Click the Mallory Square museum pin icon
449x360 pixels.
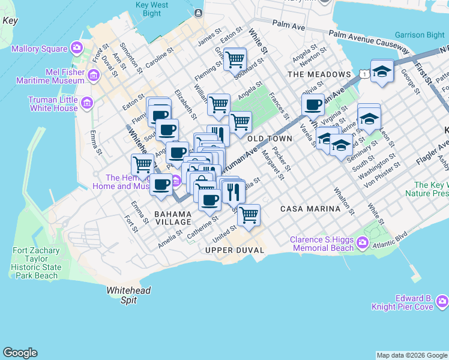(x=76, y=47)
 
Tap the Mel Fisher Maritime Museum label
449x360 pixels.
(x=56, y=75)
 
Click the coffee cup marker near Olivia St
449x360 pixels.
(x=312, y=105)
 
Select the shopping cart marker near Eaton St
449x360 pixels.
(x=235, y=59)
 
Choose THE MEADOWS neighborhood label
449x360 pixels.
(x=319, y=74)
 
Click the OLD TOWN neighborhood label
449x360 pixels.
(x=270, y=139)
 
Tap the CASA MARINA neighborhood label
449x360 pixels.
(x=310, y=209)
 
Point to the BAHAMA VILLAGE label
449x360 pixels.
(x=173, y=218)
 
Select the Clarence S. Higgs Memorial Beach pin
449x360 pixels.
(x=362, y=243)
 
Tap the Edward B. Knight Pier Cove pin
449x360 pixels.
(x=442, y=301)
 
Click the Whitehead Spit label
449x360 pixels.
(x=128, y=295)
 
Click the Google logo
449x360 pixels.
(x=20, y=353)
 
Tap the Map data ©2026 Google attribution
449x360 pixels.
(x=411, y=355)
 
